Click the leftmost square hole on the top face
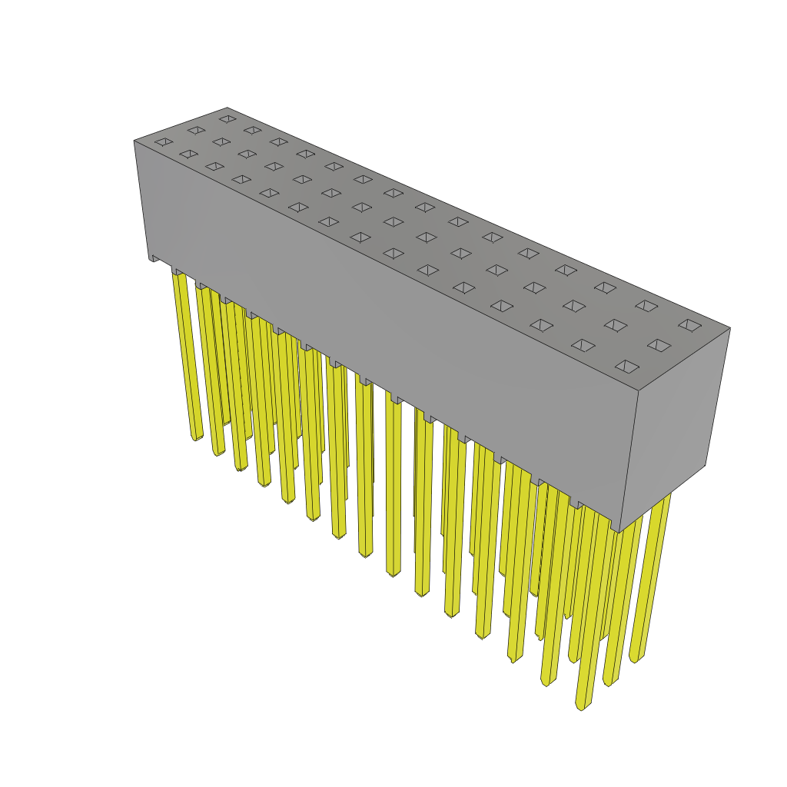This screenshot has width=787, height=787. coord(164,142)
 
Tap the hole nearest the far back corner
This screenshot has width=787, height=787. coord(227,119)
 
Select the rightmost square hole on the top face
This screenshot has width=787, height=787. coord(689,325)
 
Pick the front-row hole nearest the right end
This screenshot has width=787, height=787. coord(627,367)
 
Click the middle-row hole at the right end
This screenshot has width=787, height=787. coord(659,345)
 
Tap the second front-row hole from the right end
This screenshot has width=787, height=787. coord(583,345)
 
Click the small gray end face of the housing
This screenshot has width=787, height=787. coord(672,423)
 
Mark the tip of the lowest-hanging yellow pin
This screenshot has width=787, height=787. coord(581,706)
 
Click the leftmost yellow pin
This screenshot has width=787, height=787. coord(188,354)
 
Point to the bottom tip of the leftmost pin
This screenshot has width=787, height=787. coord(196,438)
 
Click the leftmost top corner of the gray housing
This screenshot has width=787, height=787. coord(134,141)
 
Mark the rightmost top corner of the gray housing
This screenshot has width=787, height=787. coord(730,328)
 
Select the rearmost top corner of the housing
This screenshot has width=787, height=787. coord(227,108)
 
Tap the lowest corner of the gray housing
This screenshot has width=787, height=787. coord(619,533)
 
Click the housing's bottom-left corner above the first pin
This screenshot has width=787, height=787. coord(149,259)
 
